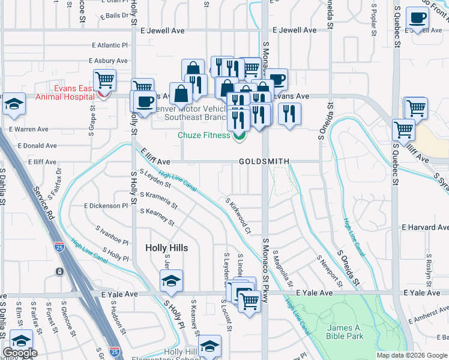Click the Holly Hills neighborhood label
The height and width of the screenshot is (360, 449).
[x=167, y=248]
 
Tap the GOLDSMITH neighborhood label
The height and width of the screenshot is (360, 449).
[x=264, y=161]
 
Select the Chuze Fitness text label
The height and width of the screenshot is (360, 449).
[x=204, y=135]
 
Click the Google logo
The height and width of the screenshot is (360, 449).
[x=20, y=353]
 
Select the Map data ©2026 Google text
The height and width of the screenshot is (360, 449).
[x=411, y=355]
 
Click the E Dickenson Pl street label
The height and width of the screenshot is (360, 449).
[x=106, y=205]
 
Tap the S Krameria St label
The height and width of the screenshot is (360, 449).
[x=158, y=200]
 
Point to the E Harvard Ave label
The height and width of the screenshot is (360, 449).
[x=425, y=227]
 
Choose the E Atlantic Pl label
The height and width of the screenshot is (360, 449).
[x=110, y=45]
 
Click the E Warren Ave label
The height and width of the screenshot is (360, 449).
[x=28, y=129]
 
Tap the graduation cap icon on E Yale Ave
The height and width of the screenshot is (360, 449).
[x=171, y=281]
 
